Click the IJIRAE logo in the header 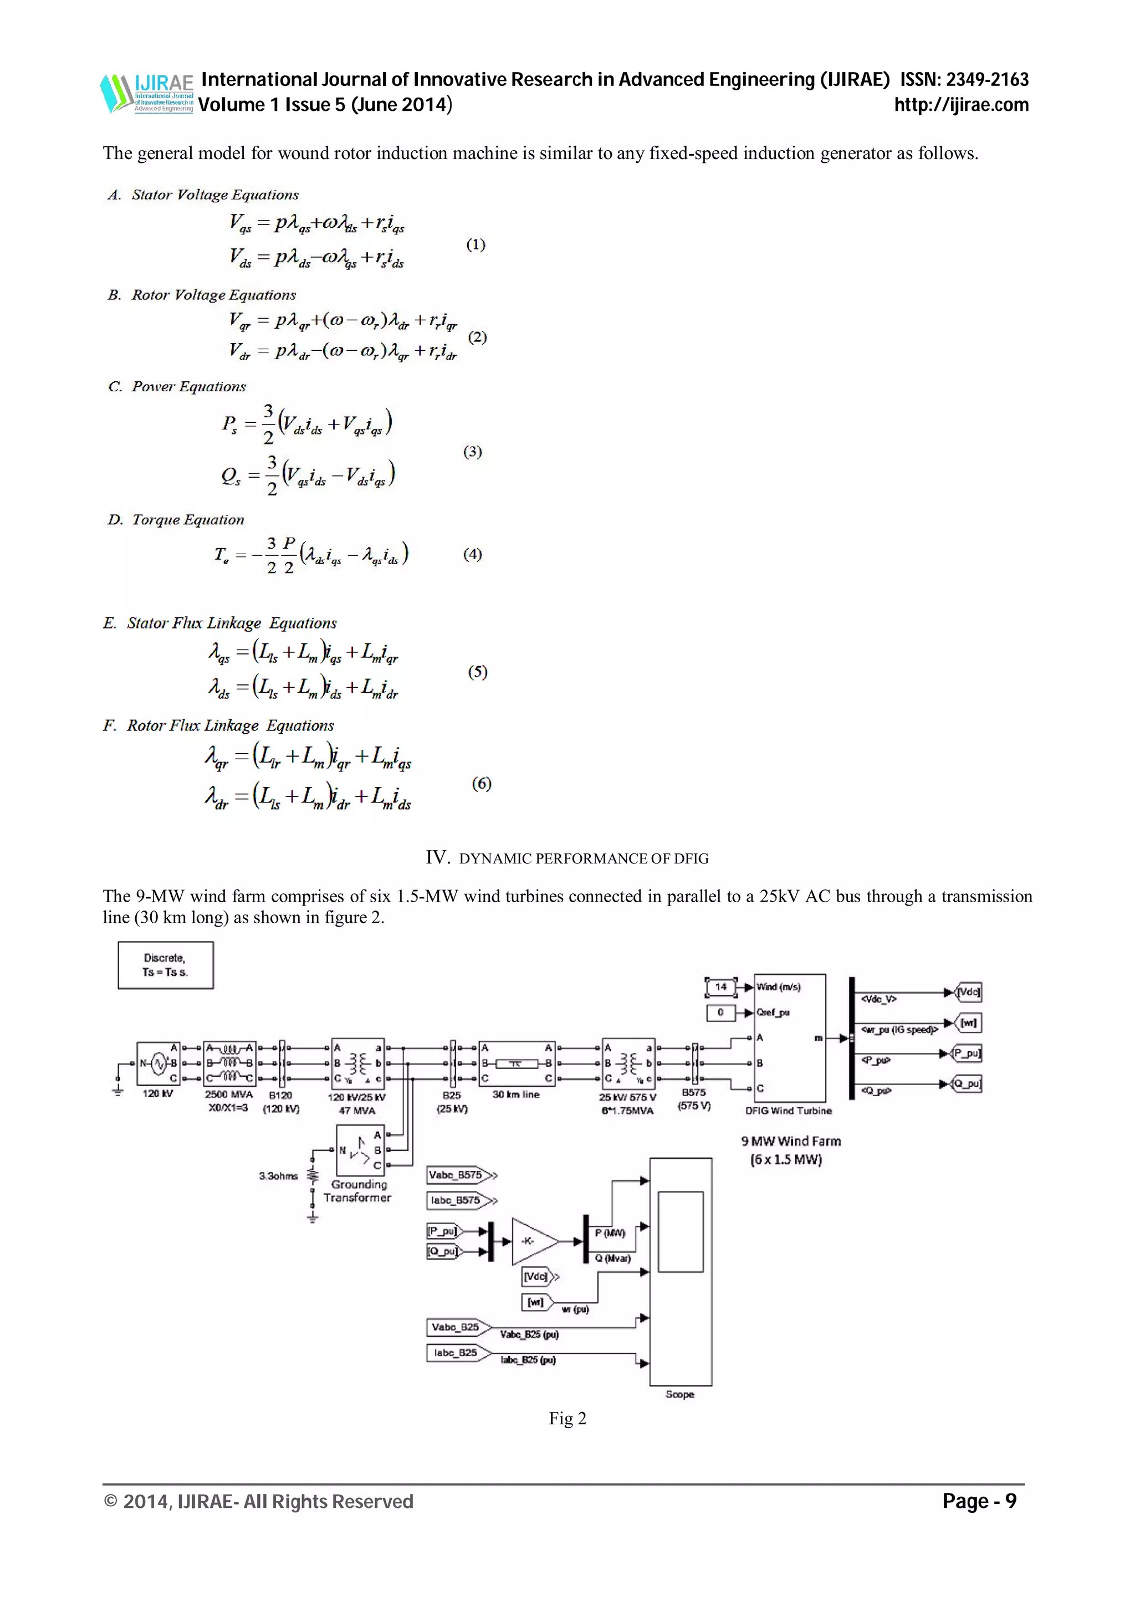[147, 93]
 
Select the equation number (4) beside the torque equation [473, 554]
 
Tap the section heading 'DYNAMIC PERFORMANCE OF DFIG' [583, 858]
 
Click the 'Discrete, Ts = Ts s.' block [165, 965]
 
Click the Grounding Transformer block [360, 1150]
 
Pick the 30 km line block [516, 1064]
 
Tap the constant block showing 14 [721, 987]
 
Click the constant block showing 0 [721, 1012]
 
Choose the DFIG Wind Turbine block [790, 1038]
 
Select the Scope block [681, 1272]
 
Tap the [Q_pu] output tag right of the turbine [967, 1084]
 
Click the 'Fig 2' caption [567, 1419]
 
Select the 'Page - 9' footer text [979, 1501]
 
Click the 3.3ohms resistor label [278, 1176]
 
